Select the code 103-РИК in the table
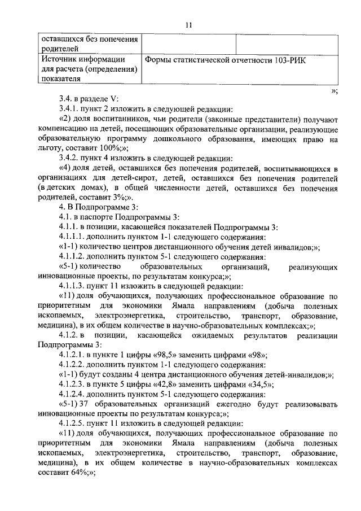[288, 60]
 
